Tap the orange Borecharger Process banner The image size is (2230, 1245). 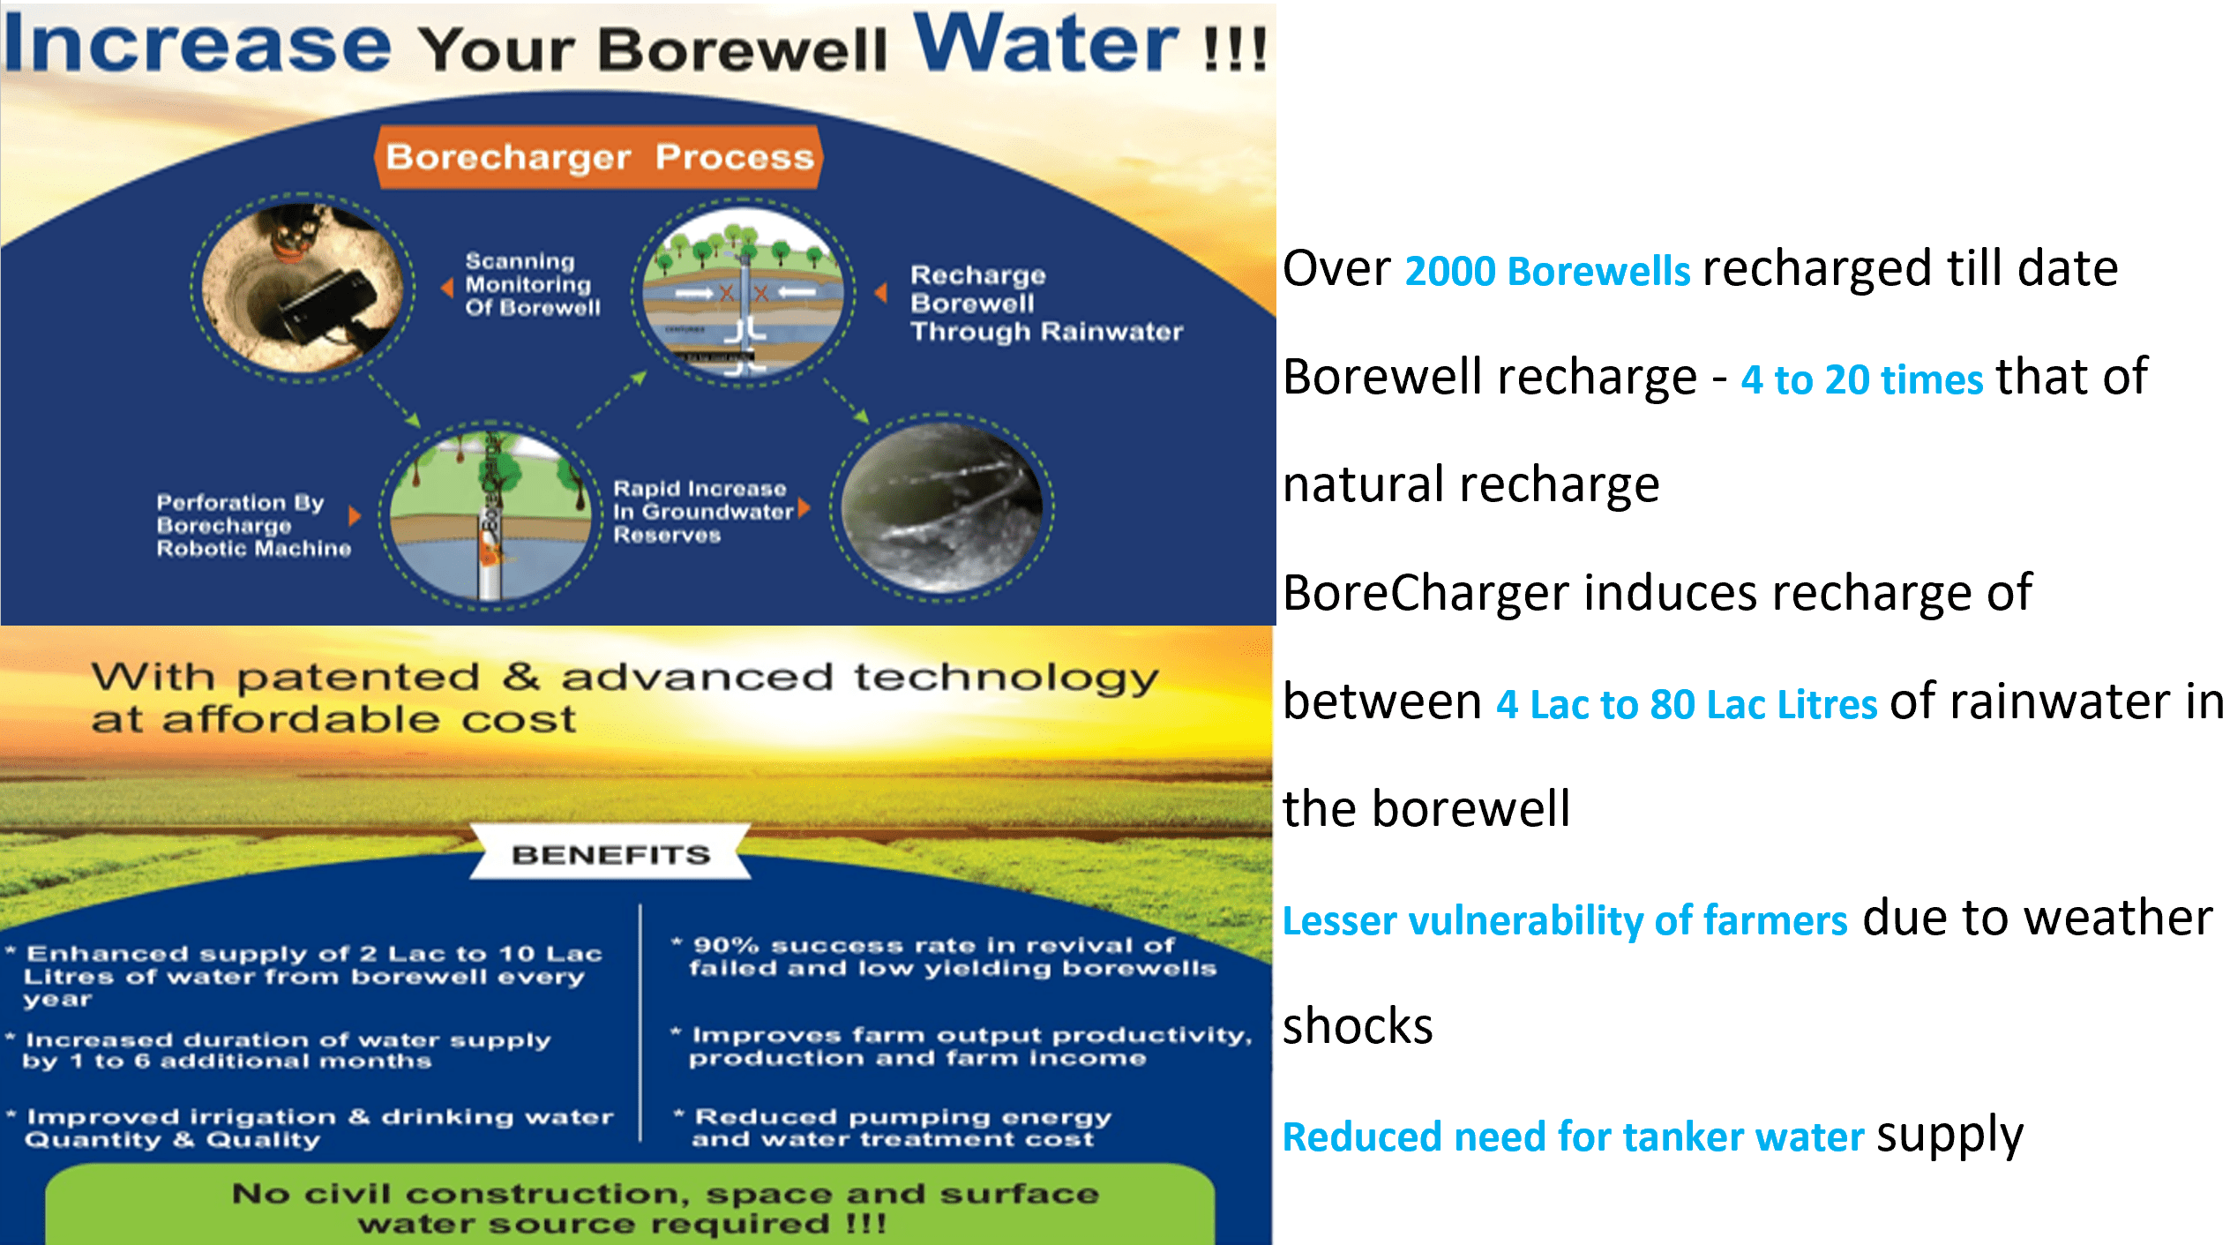(x=599, y=157)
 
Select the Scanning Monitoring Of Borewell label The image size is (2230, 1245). (x=533, y=284)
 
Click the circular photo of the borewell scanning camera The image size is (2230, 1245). (x=302, y=288)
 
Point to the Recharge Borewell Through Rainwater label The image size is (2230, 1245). (x=1046, y=303)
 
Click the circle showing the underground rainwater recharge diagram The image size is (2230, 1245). (x=743, y=291)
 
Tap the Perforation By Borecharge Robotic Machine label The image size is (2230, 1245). (x=253, y=525)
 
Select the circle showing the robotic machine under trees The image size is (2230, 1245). (x=490, y=515)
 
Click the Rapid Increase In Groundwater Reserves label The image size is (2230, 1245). (x=703, y=512)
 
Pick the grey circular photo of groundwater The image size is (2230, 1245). (x=941, y=507)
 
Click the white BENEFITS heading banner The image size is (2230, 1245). (x=610, y=852)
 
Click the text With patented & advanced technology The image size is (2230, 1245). (x=625, y=677)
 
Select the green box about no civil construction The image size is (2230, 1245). (x=630, y=1205)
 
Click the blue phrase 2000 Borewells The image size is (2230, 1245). (x=1547, y=271)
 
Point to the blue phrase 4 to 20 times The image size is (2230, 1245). (x=1861, y=380)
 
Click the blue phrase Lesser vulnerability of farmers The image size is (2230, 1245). (x=1565, y=921)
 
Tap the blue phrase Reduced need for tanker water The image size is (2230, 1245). (x=1574, y=1137)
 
